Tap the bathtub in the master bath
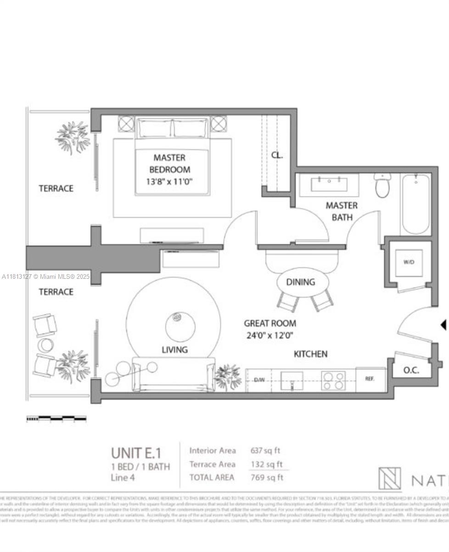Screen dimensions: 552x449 (416, 204)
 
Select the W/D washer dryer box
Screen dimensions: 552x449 (409, 262)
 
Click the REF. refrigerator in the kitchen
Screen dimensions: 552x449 (370, 379)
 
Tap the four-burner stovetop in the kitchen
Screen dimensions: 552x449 (333, 380)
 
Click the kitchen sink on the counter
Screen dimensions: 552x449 (292, 380)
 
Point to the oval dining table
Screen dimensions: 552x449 (303, 282)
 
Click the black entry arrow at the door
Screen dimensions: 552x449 (443, 325)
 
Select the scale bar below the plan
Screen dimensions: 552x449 (56, 419)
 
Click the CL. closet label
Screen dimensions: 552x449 (277, 155)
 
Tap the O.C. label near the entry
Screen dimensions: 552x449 (411, 370)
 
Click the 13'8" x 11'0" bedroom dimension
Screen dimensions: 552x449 (170, 182)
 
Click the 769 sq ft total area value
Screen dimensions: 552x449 (267, 477)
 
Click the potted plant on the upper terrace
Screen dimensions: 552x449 (73, 137)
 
